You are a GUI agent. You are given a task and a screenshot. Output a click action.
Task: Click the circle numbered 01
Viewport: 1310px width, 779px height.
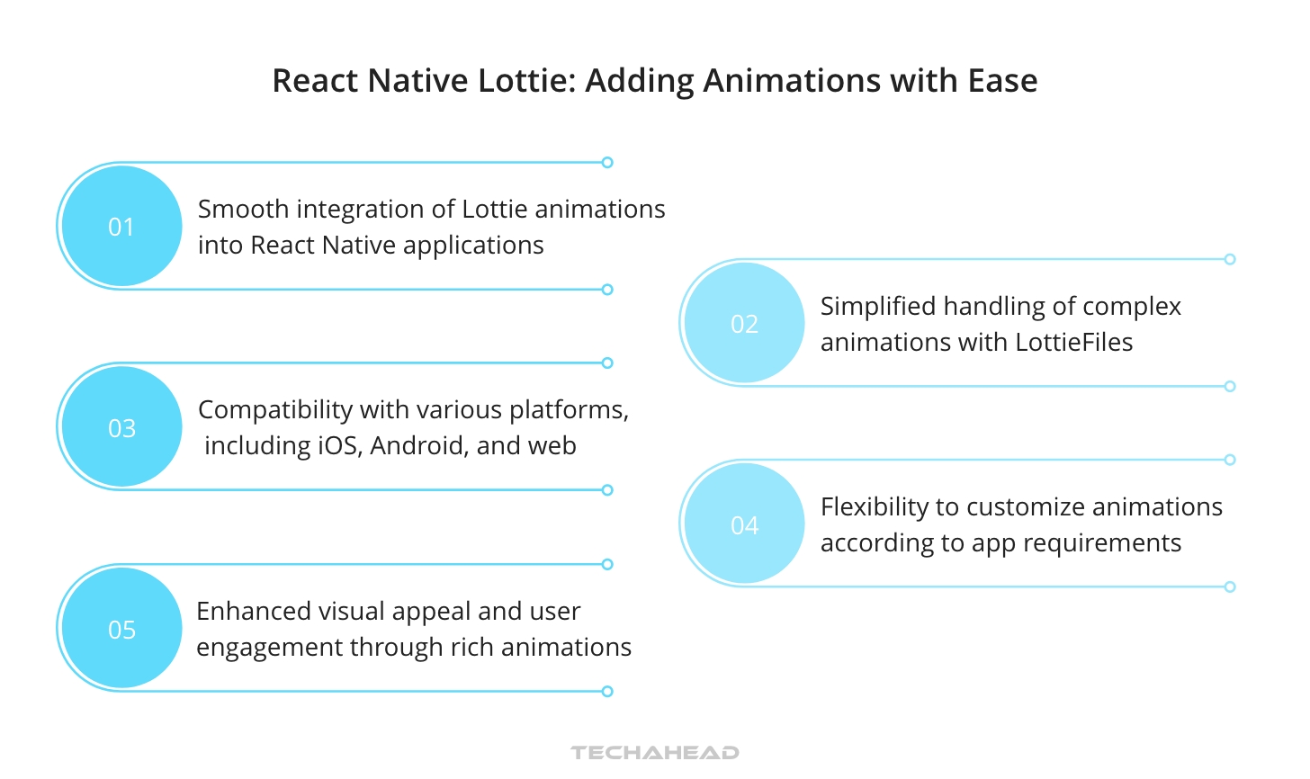[x=121, y=227]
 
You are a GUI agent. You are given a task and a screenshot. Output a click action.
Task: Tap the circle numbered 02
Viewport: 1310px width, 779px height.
[x=744, y=324]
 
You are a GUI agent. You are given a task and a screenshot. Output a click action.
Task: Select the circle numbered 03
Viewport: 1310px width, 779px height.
[x=121, y=427]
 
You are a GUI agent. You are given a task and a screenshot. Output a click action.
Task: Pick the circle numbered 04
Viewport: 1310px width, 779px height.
[x=744, y=524]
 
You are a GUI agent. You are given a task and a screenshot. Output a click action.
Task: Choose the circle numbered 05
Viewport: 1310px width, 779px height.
[x=121, y=629]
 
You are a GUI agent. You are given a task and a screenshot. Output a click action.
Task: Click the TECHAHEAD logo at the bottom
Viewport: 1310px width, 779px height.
[x=655, y=753]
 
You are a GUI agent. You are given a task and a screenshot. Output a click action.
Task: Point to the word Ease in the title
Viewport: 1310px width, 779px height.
[x=1002, y=81]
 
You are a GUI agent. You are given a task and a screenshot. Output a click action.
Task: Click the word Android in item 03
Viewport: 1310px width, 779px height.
[x=419, y=445]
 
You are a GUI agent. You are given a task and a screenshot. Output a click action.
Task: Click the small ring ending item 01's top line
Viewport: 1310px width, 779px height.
[x=607, y=163]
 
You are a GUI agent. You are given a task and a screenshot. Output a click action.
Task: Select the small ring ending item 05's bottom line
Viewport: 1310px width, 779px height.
[x=607, y=692]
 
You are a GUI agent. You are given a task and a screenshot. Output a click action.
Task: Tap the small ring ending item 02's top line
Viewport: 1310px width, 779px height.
[x=1230, y=259]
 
